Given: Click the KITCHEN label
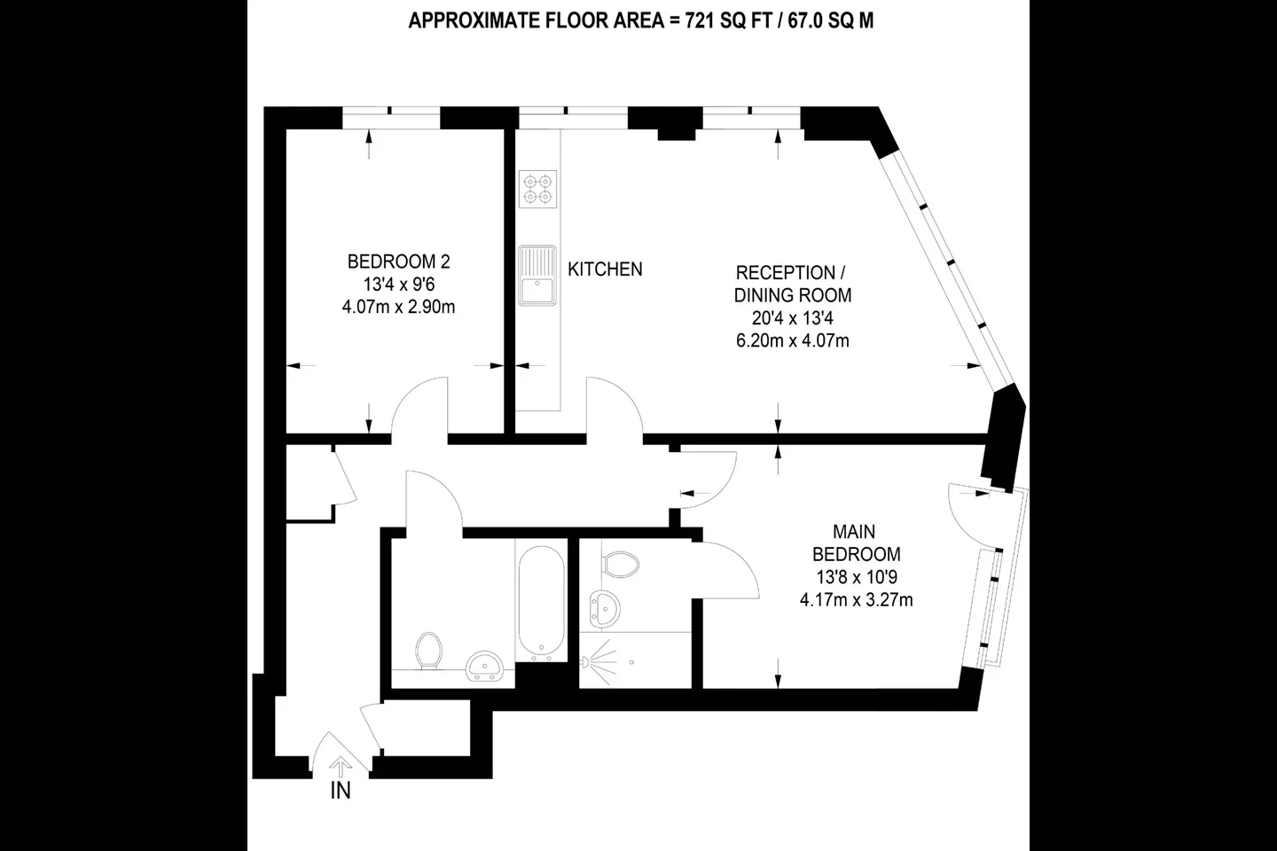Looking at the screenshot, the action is pos(605,269).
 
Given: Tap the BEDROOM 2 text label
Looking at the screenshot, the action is pos(398,262).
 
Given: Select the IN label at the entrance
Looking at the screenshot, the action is pos(341,791).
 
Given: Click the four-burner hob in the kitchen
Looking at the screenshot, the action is pos(537,189).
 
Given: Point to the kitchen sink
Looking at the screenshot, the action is pos(537,276).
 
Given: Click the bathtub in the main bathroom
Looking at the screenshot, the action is pos(541,600).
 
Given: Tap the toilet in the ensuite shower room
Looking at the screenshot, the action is pos(620,565).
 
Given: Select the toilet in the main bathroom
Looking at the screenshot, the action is pos(428,651).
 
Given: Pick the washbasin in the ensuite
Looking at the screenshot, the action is pos(605,609).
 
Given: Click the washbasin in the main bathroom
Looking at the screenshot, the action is pos(484,667).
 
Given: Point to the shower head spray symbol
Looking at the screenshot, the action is pos(599,662).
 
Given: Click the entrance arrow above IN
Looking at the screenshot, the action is pos(341,767).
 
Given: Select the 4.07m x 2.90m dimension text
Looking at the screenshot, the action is pos(398,308).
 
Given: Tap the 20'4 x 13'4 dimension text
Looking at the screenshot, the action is pos(793,318).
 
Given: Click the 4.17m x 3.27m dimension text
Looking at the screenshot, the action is pos(857,600).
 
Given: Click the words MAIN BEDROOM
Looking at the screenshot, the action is pos(857,543).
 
